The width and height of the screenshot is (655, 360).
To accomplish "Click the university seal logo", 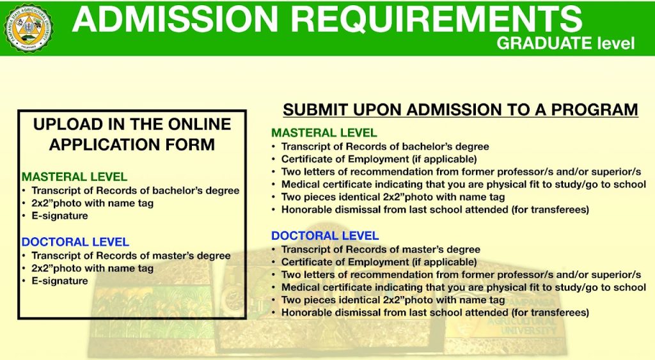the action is pyautogui.click(x=28, y=28).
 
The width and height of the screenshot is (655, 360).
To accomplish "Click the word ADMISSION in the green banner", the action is pyautogui.click(x=175, y=19).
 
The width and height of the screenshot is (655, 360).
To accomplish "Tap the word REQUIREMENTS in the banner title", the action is pyautogui.click(x=436, y=19).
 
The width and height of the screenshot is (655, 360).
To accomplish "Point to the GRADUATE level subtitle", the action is pyautogui.click(x=565, y=43).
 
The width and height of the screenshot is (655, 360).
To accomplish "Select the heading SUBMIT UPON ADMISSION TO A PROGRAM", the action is pyautogui.click(x=461, y=110).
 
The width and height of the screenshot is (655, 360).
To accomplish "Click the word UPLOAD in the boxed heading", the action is pyautogui.click(x=68, y=124).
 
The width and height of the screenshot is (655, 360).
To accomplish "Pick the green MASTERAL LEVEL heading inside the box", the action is pyautogui.click(x=74, y=176).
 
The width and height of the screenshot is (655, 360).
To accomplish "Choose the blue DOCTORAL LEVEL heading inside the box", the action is pyautogui.click(x=75, y=242).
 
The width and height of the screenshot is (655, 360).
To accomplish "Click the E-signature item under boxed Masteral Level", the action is pyautogui.click(x=59, y=216).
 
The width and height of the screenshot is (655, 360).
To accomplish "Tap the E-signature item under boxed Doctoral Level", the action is pyautogui.click(x=59, y=281).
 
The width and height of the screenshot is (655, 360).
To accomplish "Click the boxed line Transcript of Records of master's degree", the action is pyautogui.click(x=131, y=256).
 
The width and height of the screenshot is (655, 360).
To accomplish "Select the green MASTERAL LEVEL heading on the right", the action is pyautogui.click(x=324, y=133).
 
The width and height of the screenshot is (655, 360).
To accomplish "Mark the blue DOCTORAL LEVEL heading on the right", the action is pyautogui.click(x=325, y=235).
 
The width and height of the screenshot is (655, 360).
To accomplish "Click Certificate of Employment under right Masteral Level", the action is pyautogui.click(x=379, y=159).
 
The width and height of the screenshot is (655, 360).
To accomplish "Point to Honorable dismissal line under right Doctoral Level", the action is pyautogui.click(x=435, y=313).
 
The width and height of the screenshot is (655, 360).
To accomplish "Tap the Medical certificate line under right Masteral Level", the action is pyautogui.click(x=464, y=184).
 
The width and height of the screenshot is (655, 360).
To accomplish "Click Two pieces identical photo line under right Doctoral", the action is pyautogui.click(x=393, y=300).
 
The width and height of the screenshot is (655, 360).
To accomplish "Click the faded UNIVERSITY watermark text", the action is pyautogui.click(x=528, y=331).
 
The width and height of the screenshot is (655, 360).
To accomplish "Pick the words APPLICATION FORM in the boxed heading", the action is pyautogui.click(x=132, y=145).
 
